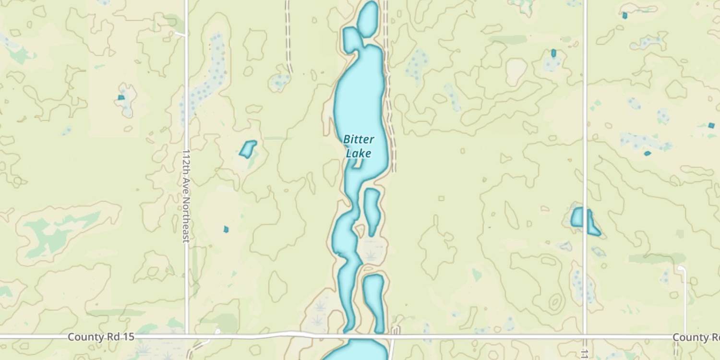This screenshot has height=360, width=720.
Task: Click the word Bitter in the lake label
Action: point(359,139)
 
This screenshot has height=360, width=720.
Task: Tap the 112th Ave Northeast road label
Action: point(186,196)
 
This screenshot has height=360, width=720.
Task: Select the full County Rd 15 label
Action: point(101,337)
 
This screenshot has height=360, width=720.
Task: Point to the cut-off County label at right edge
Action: point(696,337)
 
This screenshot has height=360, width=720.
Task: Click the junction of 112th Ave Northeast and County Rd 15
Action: point(187,336)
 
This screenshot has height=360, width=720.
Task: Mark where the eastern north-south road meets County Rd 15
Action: point(585,336)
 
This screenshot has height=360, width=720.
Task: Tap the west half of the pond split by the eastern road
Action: point(577,217)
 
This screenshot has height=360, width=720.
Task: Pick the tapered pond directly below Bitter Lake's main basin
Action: point(372,210)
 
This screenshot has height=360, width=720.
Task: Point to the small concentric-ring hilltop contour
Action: point(555,302)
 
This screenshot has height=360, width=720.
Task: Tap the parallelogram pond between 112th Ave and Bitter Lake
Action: point(248,149)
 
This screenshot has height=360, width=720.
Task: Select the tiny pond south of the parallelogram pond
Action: point(226,229)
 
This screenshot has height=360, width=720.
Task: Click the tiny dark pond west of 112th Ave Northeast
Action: point(121,97)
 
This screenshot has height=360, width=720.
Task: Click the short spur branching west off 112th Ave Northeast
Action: point(180,34)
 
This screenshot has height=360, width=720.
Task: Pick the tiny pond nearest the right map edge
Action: point(711,125)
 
